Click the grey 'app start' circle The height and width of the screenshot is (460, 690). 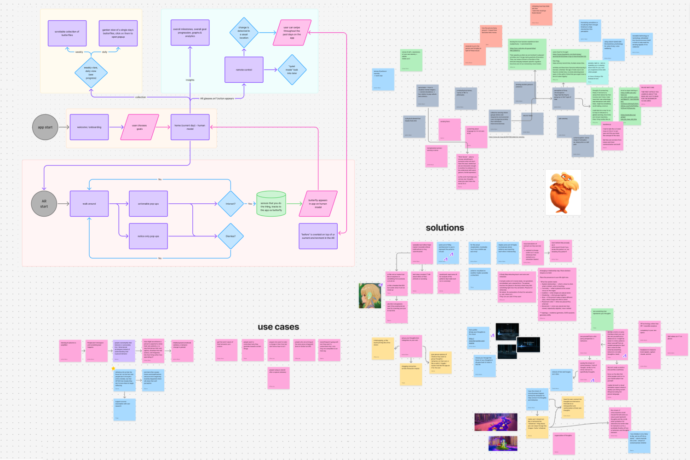coord(45,127)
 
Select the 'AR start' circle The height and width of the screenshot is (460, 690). coord(44,204)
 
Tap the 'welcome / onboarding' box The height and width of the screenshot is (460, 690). coord(89,127)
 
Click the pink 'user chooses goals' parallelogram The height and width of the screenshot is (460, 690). coord(139,127)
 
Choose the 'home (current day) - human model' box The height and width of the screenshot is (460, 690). coord(190,127)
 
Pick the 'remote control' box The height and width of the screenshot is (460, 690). coord(244,70)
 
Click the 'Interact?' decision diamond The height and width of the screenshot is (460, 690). coord(230,204)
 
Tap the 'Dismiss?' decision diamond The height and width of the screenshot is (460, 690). coord(230,236)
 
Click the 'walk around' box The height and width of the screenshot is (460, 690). coord(89,204)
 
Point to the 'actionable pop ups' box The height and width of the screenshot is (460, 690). coord(148,204)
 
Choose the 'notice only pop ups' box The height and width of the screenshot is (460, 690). coord(148,236)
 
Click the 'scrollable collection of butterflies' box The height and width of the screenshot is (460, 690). coord(67,33)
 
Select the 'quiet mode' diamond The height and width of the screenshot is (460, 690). coord(292,70)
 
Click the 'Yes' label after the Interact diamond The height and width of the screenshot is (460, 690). coord(250,204)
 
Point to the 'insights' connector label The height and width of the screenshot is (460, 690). coord(190,80)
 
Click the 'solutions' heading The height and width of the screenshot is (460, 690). coord(445,228)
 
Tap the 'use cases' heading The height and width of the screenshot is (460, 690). coord(278,327)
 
